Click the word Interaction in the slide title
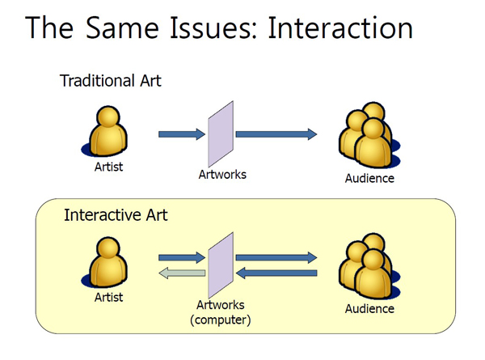(340, 28)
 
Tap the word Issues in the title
(213, 28)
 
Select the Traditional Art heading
(111, 81)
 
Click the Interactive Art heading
(116, 215)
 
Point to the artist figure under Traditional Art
(105, 132)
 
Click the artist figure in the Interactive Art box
(105, 262)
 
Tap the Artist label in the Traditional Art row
(108, 167)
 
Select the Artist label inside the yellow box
(108, 298)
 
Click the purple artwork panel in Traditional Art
(221, 134)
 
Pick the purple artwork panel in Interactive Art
(221, 265)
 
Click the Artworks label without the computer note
(222, 175)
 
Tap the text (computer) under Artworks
(220, 320)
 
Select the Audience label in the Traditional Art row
(369, 179)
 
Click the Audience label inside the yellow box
(369, 309)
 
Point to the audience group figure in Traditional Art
(369, 135)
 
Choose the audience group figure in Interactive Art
(369, 266)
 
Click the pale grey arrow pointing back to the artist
(182, 273)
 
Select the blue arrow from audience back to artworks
(276, 273)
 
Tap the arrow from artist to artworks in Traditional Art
(182, 134)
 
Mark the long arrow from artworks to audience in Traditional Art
(276, 134)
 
